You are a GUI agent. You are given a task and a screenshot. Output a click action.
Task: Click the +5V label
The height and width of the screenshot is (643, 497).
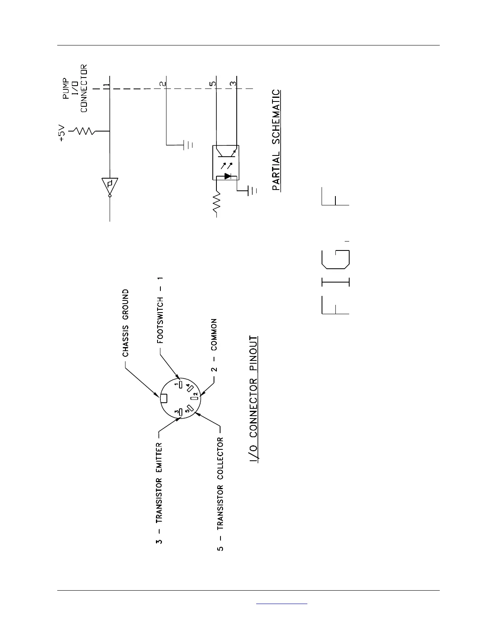coord(62,134)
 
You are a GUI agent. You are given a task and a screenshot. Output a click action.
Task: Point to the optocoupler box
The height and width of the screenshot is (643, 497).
coord(225,162)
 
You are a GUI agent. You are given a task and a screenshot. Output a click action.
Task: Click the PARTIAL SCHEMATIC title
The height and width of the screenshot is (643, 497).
coord(276,140)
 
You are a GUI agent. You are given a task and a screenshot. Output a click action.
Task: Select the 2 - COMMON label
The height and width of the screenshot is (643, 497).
coord(214,345)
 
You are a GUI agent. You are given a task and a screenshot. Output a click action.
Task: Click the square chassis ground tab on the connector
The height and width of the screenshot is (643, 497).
coord(164,399)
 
